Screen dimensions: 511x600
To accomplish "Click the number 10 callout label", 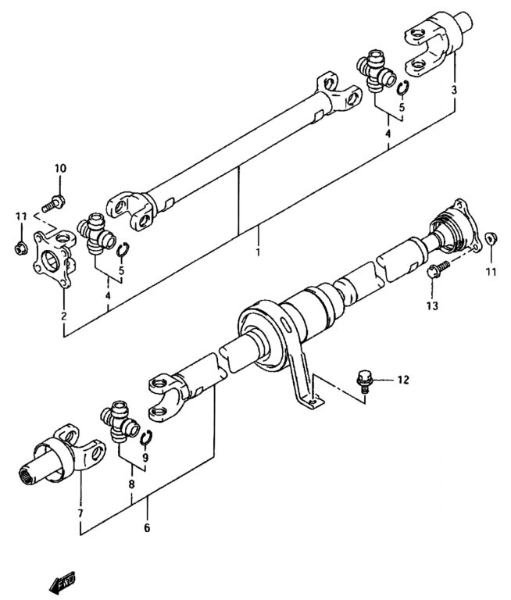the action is (60, 168).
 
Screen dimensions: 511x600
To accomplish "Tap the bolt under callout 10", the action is (53, 204).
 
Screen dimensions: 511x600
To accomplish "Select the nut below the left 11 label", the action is (21, 248).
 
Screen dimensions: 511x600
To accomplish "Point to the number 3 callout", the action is (454, 91).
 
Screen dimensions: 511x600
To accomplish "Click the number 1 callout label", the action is (258, 252).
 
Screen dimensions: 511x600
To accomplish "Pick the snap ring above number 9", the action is (146, 438).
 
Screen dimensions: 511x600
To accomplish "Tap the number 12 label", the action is (403, 380).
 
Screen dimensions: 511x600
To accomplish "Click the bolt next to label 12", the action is (364, 380).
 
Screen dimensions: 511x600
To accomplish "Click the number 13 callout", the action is (432, 305).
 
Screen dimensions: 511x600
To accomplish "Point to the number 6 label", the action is (147, 528).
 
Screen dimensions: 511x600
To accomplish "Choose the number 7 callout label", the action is (80, 513).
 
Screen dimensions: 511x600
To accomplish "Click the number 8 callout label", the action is (131, 484).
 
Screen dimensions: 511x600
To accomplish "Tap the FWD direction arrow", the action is (63, 583).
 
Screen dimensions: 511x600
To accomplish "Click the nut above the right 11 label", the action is (491, 239).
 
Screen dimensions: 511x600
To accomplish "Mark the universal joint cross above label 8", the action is (120, 421).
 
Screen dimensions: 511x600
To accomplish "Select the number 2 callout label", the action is (63, 316).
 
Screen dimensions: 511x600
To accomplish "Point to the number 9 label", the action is (145, 457).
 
